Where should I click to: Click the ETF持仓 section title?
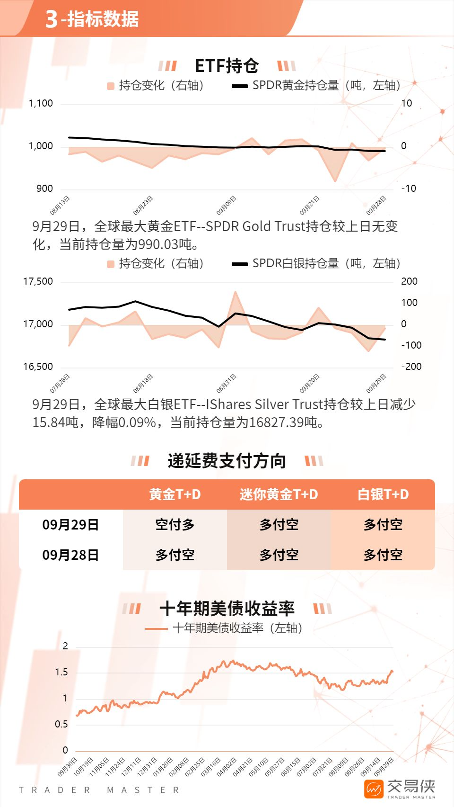[x=227, y=66]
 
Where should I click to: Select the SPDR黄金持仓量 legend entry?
[x=316, y=85]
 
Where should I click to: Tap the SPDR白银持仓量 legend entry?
[x=316, y=263]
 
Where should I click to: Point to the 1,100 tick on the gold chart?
[x=41, y=103]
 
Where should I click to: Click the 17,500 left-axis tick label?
[x=38, y=281]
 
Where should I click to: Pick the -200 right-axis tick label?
[x=411, y=367]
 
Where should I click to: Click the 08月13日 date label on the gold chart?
[x=60, y=205]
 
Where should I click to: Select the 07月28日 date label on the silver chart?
[x=60, y=383]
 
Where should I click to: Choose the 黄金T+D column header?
[x=175, y=494]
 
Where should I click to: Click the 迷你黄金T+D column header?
[x=279, y=494]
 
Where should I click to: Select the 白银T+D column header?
[x=383, y=494]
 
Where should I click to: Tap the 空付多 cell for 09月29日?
[x=175, y=525]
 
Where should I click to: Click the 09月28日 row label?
[x=70, y=555]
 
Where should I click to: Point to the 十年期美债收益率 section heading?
[x=227, y=609]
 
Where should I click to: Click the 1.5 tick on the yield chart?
[x=61, y=672]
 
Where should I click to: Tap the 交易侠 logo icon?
[x=374, y=789]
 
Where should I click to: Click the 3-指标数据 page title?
[x=92, y=19]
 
